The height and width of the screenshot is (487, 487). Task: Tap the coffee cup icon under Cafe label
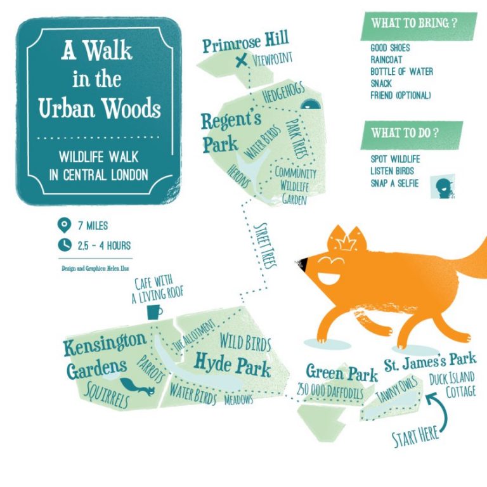(x=154, y=312)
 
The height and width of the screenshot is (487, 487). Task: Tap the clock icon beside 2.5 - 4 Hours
(x=63, y=245)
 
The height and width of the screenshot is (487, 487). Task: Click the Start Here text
(x=415, y=435)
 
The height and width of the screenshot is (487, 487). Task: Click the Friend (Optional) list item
(x=400, y=95)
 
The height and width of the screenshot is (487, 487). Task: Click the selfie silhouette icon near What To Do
(x=443, y=186)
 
